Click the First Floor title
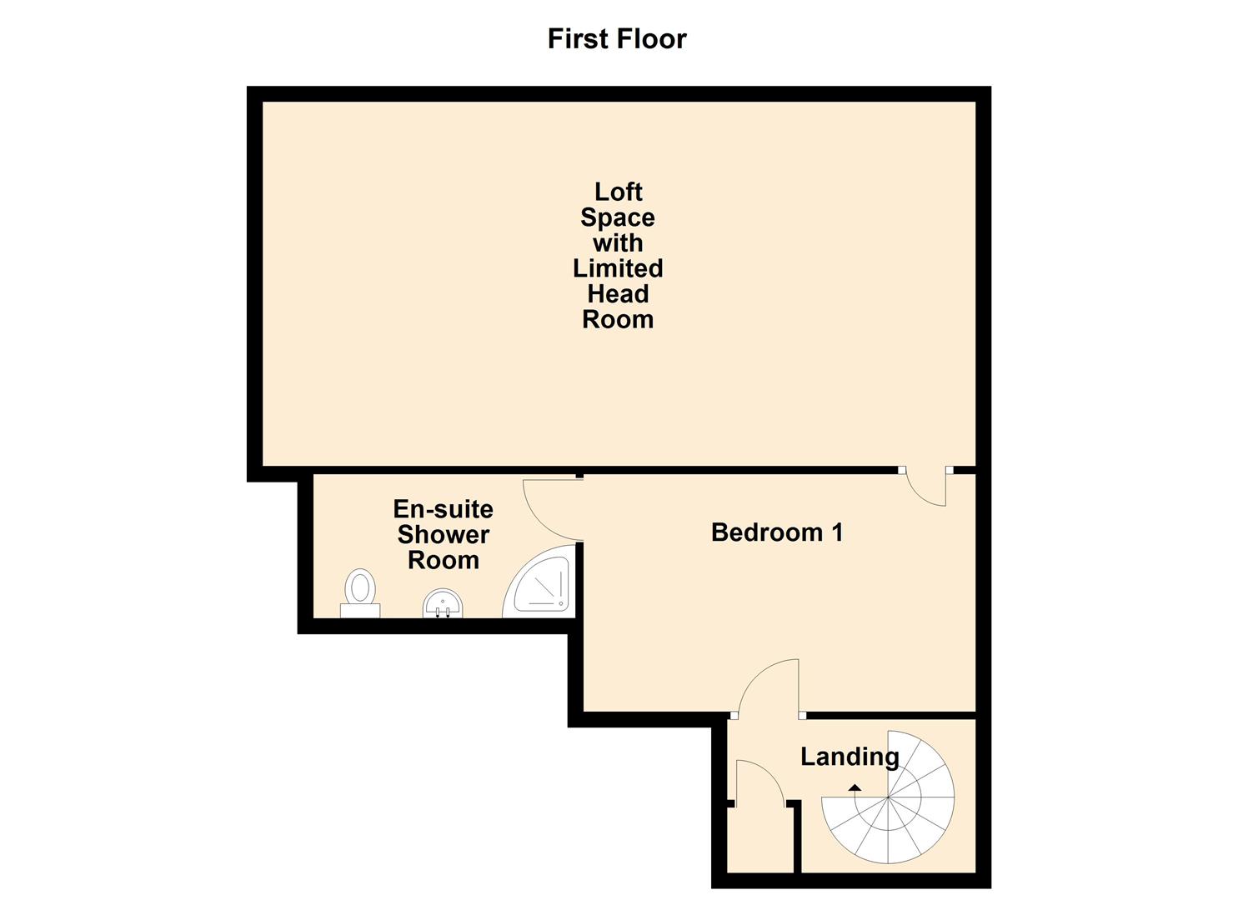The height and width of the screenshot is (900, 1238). tap(617, 39)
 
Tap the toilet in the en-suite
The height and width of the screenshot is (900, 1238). tap(360, 592)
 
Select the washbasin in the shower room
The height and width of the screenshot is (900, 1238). tap(442, 603)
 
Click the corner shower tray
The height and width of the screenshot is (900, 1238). tap(539, 582)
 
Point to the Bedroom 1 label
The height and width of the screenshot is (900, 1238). tap(777, 532)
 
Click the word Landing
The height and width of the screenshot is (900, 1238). tap(850, 757)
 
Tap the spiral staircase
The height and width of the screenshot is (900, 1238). tap(888, 797)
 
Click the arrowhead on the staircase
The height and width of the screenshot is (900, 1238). tap(855, 787)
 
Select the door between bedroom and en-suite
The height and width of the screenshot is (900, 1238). tap(553, 509)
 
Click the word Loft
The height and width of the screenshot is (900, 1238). tap(618, 192)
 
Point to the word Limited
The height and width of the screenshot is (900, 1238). tap(618, 268)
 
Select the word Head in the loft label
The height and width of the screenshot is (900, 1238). tap(618, 294)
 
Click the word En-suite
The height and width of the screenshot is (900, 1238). tap(444, 509)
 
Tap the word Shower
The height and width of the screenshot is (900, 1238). tap(444, 534)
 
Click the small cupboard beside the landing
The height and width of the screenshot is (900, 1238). tap(760, 840)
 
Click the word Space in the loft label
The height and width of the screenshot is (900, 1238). tap(618, 217)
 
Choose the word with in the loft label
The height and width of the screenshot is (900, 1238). tap(618, 243)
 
